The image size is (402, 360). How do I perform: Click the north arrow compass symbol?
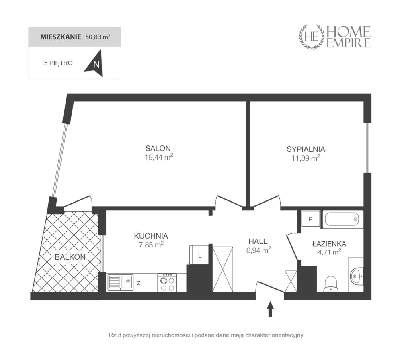(94, 63)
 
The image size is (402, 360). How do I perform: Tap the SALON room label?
(158, 148)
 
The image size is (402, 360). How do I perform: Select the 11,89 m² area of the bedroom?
(306, 158)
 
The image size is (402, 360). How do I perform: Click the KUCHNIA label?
(151, 236)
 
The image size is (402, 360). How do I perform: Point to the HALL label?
(258, 241)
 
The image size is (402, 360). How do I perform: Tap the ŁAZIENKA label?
(329, 243)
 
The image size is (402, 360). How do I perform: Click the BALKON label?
(70, 257)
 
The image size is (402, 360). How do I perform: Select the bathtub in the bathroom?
(343, 219)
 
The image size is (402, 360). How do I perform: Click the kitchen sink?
(121, 282)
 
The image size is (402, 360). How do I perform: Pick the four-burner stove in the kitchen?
(167, 282)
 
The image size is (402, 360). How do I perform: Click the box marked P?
(311, 219)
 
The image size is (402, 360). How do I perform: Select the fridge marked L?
(199, 255)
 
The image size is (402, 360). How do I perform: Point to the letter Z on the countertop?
(139, 283)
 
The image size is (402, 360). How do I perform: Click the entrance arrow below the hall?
(270, 309)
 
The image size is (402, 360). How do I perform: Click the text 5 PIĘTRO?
(58, 63)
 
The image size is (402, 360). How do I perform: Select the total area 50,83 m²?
(98, 37)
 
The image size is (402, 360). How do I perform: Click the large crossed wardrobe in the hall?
(223, 269)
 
